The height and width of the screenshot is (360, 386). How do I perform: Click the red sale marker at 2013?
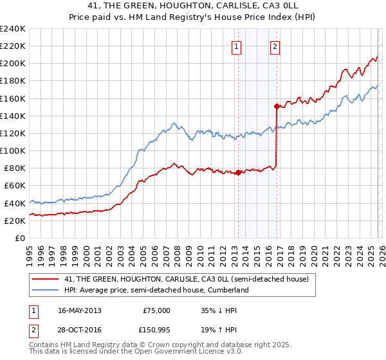[238, 172]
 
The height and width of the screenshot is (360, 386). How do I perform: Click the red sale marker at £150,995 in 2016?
[277, 106]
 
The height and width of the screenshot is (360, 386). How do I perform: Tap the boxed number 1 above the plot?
[237, 46]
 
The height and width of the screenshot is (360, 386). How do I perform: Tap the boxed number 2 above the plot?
[275, 46]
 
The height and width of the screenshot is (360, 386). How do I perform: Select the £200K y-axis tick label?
[12, 64]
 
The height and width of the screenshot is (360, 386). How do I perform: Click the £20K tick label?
[15, 221]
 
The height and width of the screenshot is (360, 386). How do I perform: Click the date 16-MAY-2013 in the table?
[79, 310]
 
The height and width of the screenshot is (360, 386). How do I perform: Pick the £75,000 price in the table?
[156, 310]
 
